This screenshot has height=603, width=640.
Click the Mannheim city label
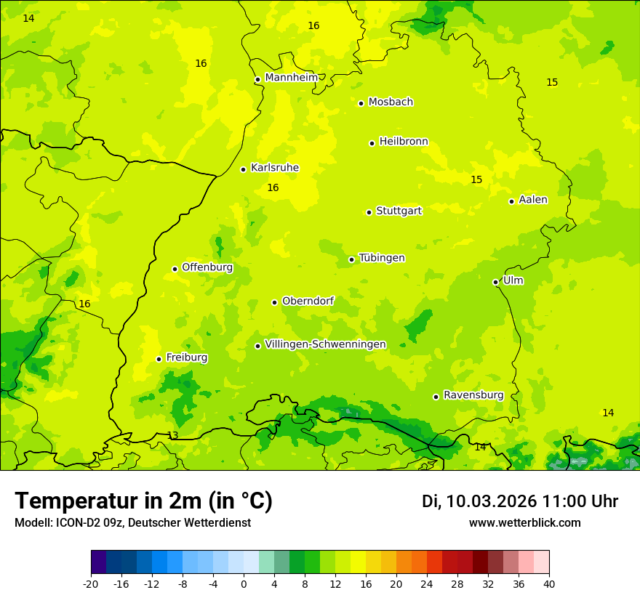pos(292,78)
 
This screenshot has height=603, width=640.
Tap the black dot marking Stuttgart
pos(369,212)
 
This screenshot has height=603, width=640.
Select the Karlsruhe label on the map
pos(274,168)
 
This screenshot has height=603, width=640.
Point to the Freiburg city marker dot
pos(159,359)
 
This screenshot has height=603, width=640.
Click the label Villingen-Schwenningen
pos(325,344)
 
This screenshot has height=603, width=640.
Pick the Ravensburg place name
pos(473,395)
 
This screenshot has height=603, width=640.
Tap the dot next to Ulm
pos(495,282)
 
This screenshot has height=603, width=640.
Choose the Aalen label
pos(533,200)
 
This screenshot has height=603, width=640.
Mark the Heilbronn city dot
pos(372,143)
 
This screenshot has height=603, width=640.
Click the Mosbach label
pos(391,102)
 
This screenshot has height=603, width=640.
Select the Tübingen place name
pos(382,258)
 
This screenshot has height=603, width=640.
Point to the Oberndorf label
pos(308,301)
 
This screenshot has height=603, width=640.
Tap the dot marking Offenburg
pos(175,269)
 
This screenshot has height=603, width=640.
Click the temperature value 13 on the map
pos(172,436)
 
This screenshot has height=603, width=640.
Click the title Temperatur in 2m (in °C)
pos(143,501)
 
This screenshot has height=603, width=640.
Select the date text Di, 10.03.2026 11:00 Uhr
pos(520,501)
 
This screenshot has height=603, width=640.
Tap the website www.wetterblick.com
pos(524,523)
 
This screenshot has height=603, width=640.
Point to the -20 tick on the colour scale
pos(91,583)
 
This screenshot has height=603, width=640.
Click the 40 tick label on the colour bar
pos(549,583)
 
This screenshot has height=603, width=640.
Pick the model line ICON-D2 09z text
pos(132,523)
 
